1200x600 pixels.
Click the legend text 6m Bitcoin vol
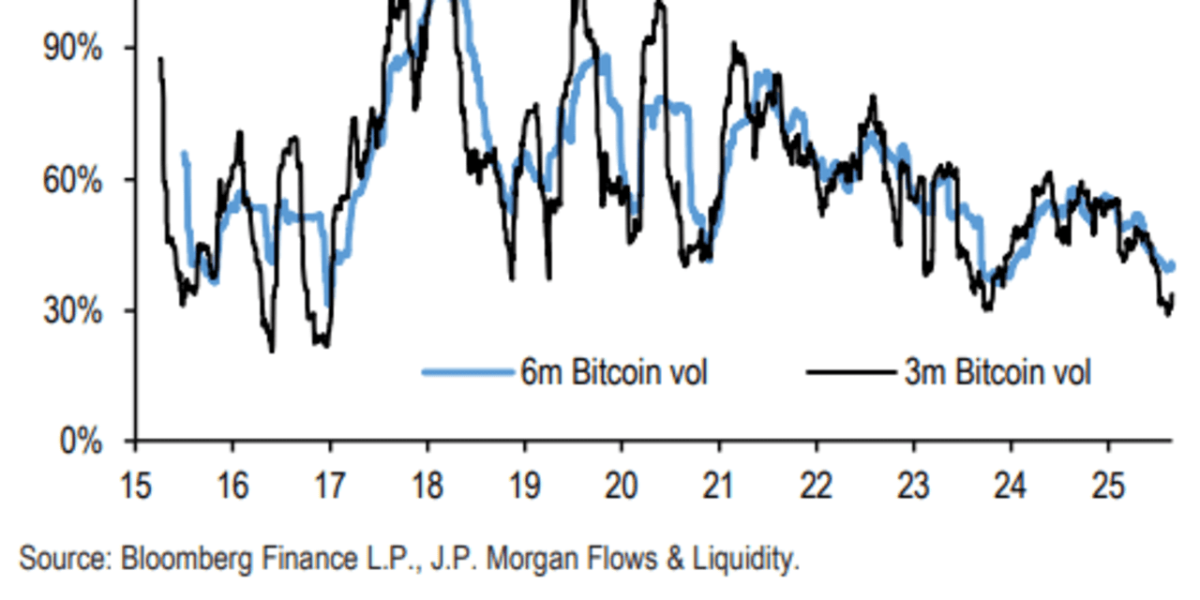614,372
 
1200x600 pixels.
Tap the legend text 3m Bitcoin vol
997,372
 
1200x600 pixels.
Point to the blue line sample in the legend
467,372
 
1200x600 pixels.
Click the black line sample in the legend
850,372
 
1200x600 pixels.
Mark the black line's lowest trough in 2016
272,351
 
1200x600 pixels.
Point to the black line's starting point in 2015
160,59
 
